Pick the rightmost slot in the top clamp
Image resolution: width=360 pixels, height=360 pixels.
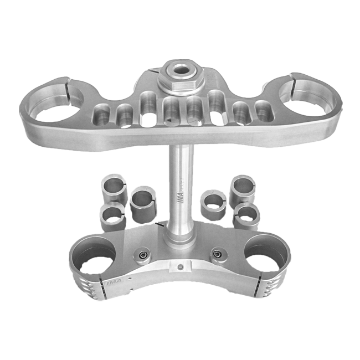point(265,111)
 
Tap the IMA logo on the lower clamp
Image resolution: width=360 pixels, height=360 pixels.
point(110,284)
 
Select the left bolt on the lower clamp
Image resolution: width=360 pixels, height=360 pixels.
point(142,255)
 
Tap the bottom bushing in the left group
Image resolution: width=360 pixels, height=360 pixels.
point(114,215)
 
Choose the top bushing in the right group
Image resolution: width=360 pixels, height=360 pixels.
point(243,188)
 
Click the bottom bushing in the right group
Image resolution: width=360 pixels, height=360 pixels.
point(246,215)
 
